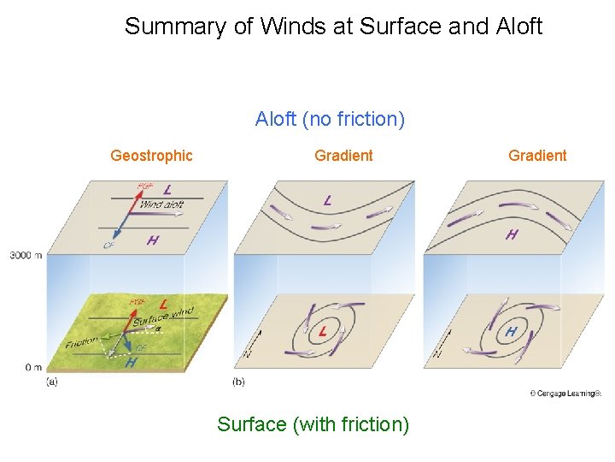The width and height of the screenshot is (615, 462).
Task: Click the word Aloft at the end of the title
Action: coord(518,27)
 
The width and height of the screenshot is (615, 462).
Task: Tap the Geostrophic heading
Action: coord(151,156)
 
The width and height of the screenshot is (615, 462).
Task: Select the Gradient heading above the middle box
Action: coord(343,156)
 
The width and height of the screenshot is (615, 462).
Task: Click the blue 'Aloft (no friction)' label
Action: coord(330,120)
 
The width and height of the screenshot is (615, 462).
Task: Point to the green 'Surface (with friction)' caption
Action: coord(313,424)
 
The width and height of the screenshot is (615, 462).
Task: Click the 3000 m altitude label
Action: coord(26,256)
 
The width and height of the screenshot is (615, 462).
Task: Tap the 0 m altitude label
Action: coord(33,367)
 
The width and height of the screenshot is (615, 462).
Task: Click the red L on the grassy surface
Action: coord(162,303)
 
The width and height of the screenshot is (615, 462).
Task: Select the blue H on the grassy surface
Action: coord(131,362)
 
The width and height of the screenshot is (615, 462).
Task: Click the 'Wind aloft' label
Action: coord(161,204)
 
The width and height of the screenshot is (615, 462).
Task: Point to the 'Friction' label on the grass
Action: coord(81,342)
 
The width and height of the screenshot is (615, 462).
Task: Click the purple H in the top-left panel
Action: coord(152,240)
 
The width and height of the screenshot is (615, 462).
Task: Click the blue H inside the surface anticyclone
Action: coord(511,330)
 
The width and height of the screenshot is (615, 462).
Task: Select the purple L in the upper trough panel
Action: coord(327,201)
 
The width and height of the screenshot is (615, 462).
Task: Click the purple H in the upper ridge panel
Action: coord(511,234)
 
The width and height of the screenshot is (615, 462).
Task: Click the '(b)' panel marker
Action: coord(239,382)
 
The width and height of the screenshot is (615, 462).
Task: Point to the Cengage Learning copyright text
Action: coord(565,394)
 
